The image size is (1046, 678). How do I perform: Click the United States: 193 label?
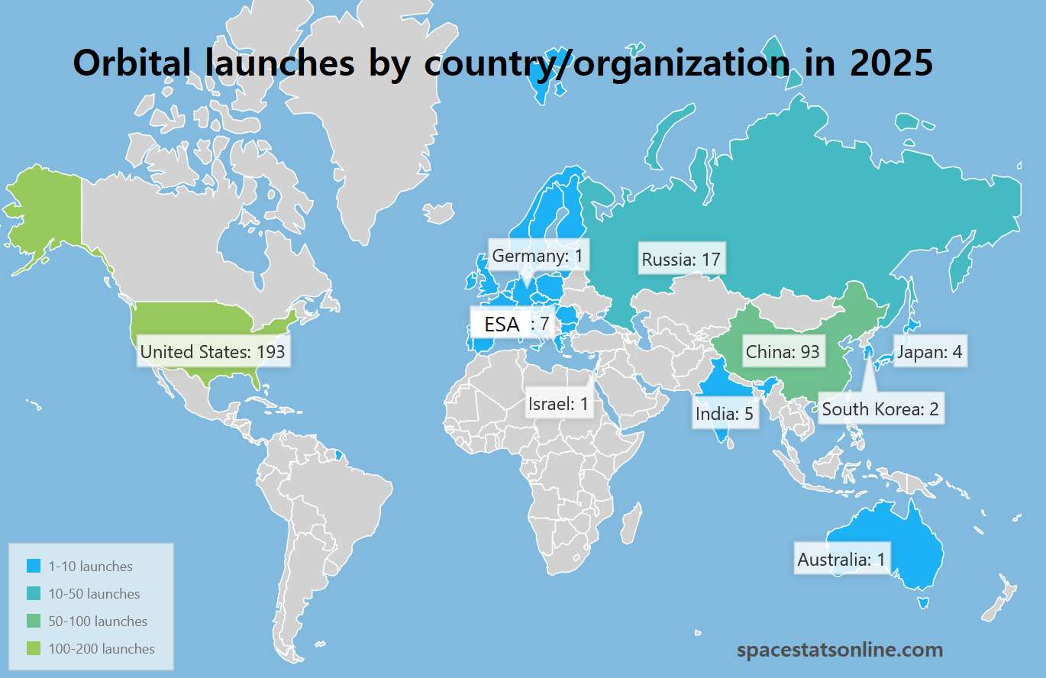tap(212, 352)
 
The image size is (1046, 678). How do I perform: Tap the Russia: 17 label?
tap(681, 260)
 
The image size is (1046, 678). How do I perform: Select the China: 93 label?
tap(783, 352)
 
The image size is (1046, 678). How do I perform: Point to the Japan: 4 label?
tap(929, 352)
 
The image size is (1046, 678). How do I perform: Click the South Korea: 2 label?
tap(880, 409)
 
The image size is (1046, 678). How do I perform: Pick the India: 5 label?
tap(725, 414)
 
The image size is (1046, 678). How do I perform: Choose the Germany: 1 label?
tap(538, 256)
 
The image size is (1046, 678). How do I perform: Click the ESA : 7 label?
tap(510, 324)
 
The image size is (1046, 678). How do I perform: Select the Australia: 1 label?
tap(841, 560)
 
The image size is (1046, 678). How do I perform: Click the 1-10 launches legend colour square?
tap(33, 567)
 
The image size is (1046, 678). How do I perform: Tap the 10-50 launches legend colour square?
tap(33, 594)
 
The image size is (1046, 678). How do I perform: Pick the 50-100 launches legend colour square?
tap(33, 621)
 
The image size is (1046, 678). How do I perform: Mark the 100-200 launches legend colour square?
tap(33, 649)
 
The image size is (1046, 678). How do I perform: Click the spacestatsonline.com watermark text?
tap(840, 651)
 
